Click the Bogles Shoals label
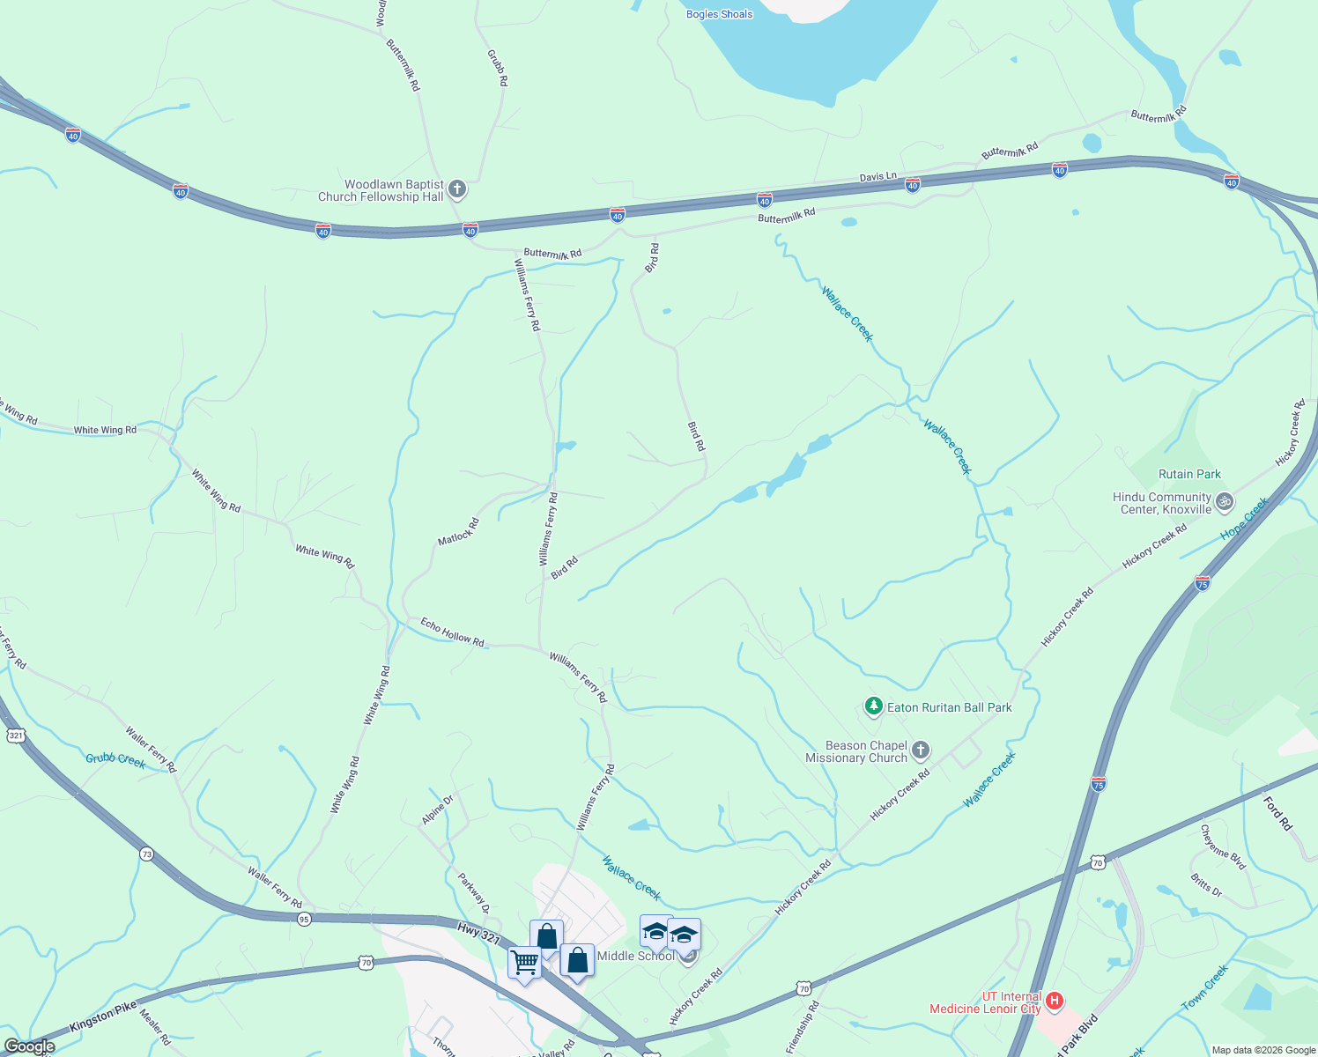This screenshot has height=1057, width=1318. pos(720,14)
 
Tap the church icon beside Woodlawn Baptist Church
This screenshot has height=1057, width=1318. pos(457,188)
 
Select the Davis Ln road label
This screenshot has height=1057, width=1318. pos(877,177)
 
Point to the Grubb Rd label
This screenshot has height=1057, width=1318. pos(498,67)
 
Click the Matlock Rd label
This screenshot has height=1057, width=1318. pos(459,531)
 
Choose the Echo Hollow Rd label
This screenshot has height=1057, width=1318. pos(452,632)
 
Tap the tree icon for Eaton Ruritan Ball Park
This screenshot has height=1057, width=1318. pos(873,706)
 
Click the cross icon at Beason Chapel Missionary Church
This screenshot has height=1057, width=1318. pos(920,750)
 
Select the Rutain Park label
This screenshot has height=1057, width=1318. pos(1189,474)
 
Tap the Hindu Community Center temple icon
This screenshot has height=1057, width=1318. pos(1224,503)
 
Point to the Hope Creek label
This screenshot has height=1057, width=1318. pos(1244,519)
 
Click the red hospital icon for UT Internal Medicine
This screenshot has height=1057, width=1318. pos(1054,1002)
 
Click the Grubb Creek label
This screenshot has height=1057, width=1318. pos(115,759)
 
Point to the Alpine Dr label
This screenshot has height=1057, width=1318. pos(437,809)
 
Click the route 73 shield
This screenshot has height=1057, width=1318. pos(146,854)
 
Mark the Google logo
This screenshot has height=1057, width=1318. pos(29,1046)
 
